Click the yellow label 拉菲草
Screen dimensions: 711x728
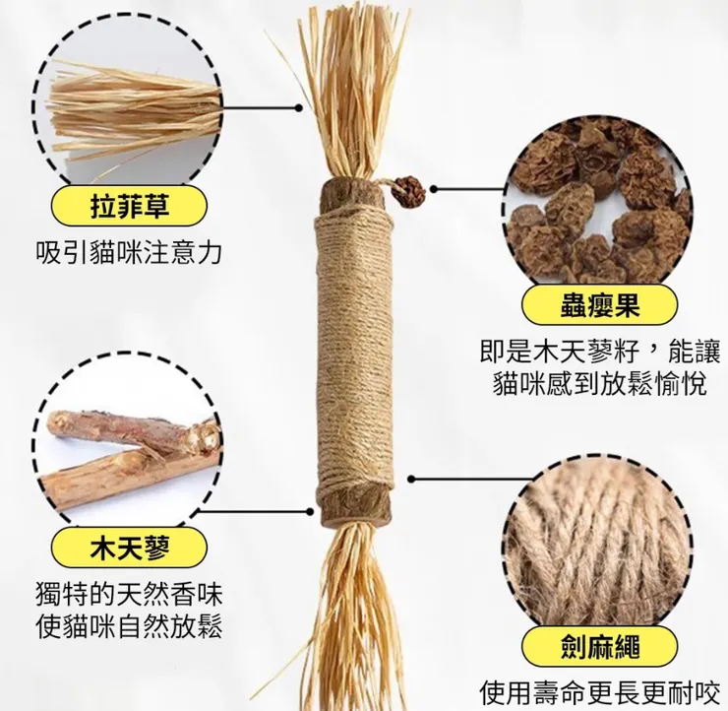(128, 207)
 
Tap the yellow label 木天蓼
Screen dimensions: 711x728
(128, 548)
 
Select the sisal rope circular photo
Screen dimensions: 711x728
(599, 549)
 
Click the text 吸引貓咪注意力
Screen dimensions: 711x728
(128, 253)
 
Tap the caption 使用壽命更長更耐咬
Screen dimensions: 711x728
(599, 691)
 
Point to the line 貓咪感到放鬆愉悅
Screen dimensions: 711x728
(599, 384)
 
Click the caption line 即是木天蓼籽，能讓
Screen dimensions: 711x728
(599, 352)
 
